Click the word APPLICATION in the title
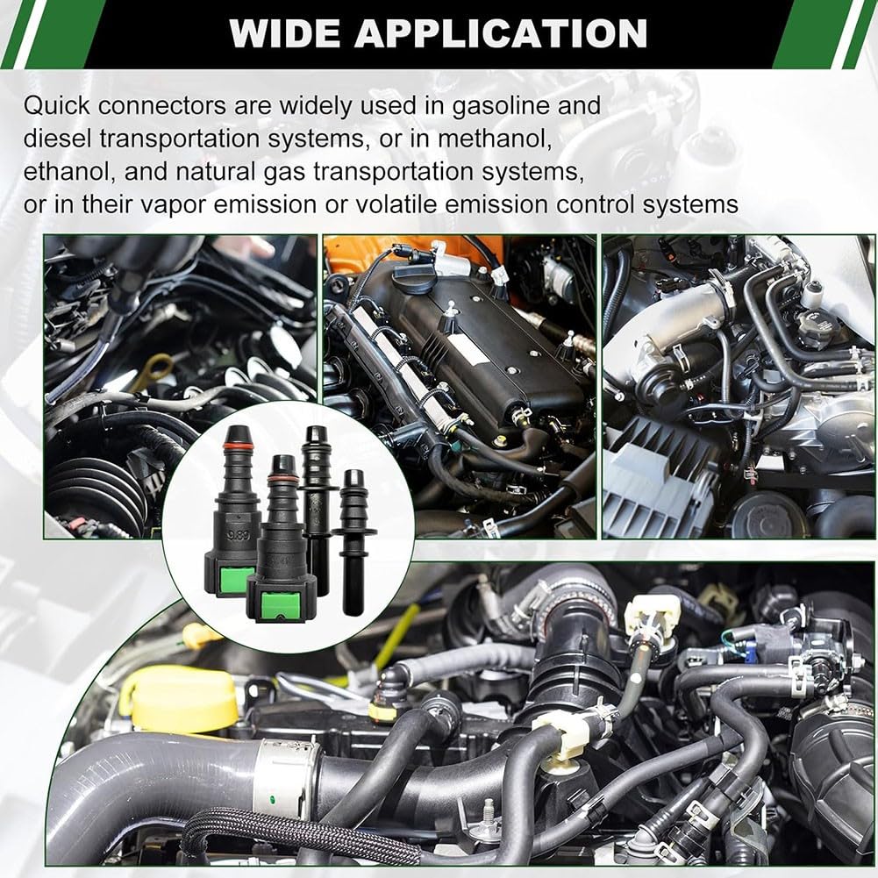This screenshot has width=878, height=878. tap(501, 33)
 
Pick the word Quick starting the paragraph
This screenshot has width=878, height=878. tap(56, 106)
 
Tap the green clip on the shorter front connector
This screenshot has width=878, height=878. tap(281, 606)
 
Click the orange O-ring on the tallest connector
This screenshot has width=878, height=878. tap(239, 446)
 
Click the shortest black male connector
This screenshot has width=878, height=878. tap(354, 540)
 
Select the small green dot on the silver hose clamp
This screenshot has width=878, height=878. tap(272, 798)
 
